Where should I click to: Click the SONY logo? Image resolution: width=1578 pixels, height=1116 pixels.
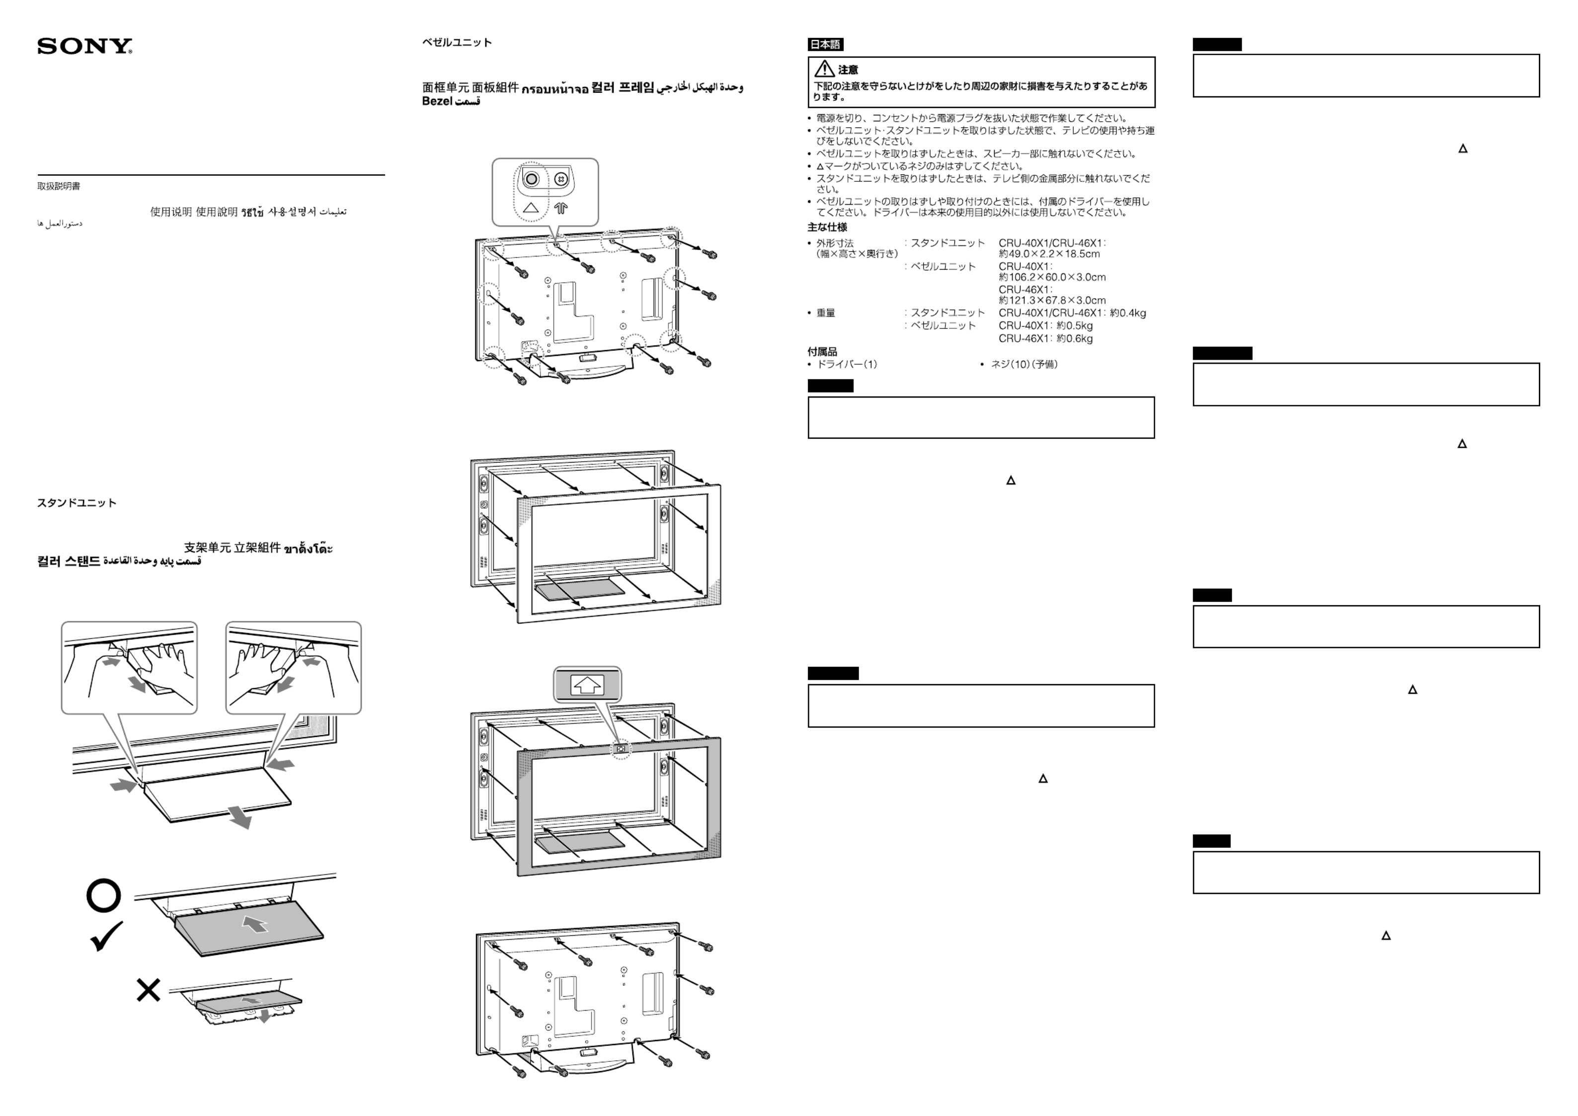(84, 46)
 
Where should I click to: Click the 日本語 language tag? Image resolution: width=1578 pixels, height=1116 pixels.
(825, 45)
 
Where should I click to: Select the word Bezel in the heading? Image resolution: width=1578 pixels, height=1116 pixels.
(436, 101)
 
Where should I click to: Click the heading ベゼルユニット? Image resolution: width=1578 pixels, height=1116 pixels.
(456, 43)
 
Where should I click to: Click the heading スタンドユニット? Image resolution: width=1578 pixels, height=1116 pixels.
(77, 503)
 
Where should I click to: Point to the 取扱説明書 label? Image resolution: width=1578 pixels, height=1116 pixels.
(59, 186)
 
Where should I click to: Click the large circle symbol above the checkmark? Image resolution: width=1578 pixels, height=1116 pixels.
(104, 895)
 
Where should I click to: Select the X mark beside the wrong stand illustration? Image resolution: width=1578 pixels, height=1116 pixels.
(149, 990)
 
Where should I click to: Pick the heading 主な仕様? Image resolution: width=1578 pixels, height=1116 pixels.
(827, 228)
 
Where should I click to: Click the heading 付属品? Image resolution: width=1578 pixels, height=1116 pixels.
(822, 352)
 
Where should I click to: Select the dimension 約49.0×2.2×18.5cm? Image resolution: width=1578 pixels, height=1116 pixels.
(1049, 254)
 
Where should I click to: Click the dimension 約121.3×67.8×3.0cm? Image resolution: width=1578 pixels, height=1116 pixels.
(1052, 300)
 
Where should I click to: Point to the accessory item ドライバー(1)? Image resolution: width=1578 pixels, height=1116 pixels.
(847, 364)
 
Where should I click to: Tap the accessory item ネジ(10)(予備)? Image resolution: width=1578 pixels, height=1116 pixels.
(1024, 364)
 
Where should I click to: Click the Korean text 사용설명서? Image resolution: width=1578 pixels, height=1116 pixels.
(292, 212)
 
